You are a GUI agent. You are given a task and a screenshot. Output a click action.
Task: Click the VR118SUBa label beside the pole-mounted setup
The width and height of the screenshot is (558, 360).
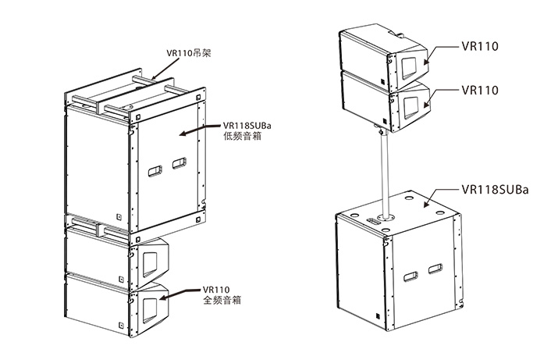coord(496,189)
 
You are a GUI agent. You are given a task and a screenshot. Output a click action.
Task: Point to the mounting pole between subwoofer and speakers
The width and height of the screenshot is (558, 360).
coord(383,172)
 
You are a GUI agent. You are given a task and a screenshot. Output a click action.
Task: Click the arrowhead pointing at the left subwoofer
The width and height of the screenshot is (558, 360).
coord(184,133)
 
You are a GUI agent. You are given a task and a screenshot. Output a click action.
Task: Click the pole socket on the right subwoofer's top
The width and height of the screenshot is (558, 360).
coord(384,211)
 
